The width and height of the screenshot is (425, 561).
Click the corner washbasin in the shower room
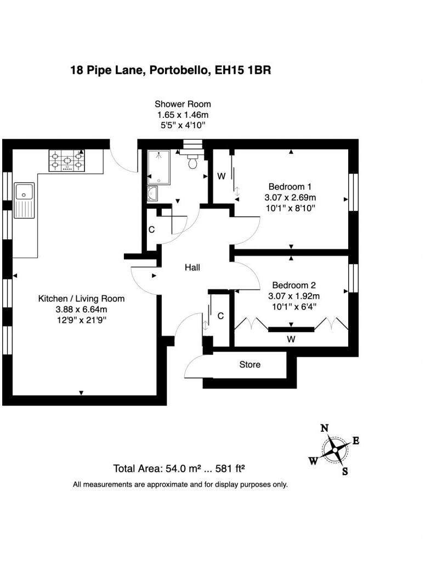(x=152, y=193)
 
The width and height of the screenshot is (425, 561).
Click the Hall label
(x=192, y=268)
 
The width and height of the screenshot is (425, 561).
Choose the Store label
(x=250, y=364)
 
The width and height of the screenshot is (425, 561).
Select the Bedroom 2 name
(x=294, y=285)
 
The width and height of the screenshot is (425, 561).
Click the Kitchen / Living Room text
(x=81, y=299)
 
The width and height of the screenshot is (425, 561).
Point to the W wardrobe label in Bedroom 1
(x=222, y=176)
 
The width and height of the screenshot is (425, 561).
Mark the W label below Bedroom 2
(x=291, y=340)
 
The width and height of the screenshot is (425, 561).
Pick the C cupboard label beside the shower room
(x=152, y=231)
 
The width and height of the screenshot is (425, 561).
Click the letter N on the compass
(x=324, y=428)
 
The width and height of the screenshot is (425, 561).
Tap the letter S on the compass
(x=345, y=471)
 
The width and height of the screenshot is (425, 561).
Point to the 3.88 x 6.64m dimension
(x=81, y=309)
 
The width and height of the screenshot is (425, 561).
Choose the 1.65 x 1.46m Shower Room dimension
(x=183, y=115)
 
